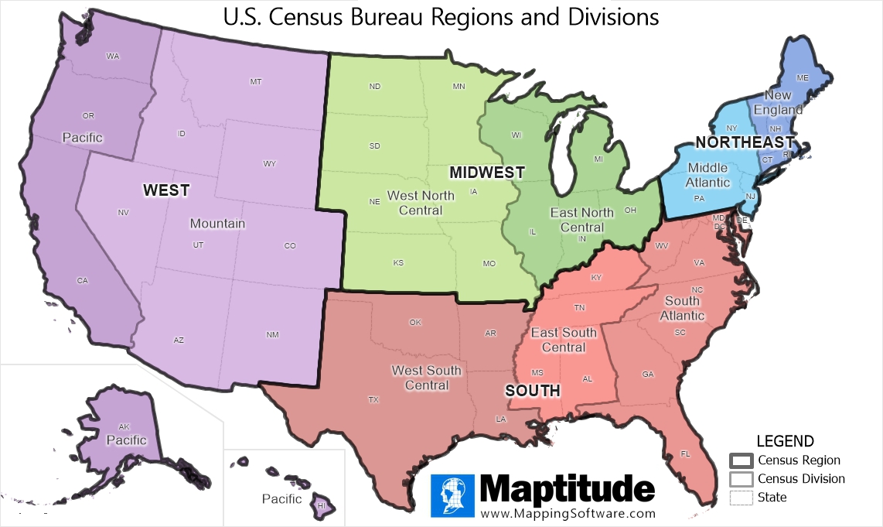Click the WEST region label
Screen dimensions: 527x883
click(x=165, y=190)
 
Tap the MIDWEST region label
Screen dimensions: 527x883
click(x=487, y=172)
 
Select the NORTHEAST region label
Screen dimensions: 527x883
click(x=745, y=142)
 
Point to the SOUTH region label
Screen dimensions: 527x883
click(x=533, y=391)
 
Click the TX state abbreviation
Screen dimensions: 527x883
click(x=373, y=400)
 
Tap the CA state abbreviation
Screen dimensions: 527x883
click(x=83, y=280)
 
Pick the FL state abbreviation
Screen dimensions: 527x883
click(x=685, y=453)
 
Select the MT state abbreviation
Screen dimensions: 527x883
click(x=256, y=81)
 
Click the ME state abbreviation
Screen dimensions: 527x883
click(x=802, y=77)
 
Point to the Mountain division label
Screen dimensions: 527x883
click(x=218, y=224)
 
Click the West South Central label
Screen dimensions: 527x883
click(x=426, y=378)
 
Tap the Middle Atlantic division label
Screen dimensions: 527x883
click(x=708, y=175)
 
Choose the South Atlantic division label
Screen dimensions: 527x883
click(x=682, y=308)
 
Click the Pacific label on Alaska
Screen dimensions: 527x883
click(x=128, y=440)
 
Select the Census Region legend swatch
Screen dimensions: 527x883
click(x=741, y=460)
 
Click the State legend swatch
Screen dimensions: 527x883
click(x=741, y=498)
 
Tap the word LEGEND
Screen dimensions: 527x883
click(x=785, y=442)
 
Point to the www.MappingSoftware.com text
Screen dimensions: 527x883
click(x=568, y=513)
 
